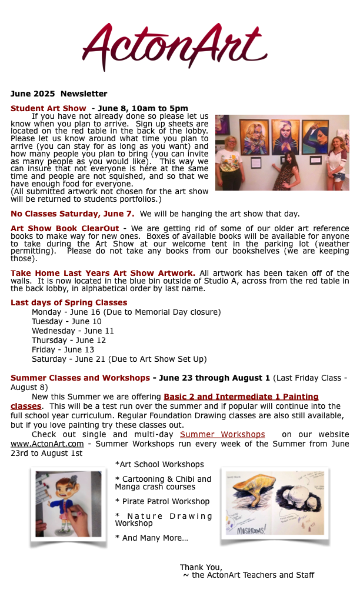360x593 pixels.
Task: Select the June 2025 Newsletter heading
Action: (59, 94)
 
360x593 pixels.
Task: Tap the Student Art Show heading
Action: (48, 108)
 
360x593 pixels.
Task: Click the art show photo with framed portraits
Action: (282, 152)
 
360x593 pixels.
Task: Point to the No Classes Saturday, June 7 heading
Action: (72, 214)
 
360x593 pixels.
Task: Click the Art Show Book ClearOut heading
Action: (65, 228)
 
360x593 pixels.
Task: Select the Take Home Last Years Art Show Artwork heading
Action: (103, 273)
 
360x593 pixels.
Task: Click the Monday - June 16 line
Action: (126, 312)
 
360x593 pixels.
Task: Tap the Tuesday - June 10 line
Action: (66, 321)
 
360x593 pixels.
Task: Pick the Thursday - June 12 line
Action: (69, 340)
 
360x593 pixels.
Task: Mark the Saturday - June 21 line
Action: (119, 359)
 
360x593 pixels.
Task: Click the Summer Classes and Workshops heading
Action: (80, 378)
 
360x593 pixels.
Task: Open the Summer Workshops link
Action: (222, 434)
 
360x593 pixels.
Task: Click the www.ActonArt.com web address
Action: (47, 444)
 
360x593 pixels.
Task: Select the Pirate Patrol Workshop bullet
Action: (162, 501)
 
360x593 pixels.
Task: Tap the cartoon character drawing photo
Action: (68, 504)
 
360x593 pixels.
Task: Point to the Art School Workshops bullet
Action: (159, 464)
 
